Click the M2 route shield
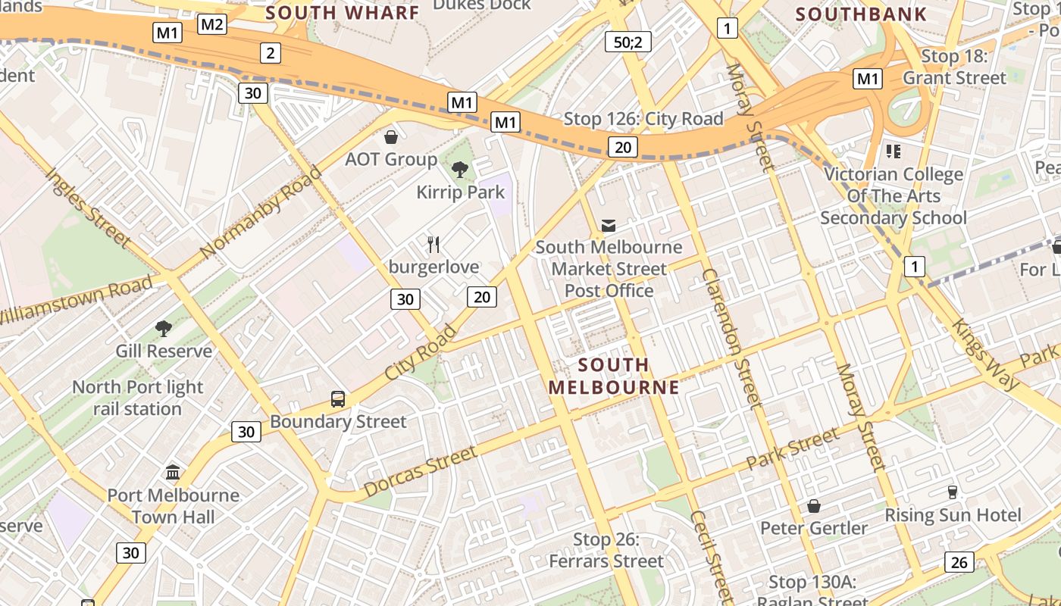click(212, 24)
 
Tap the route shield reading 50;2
click(628, 42)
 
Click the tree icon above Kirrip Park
click(459, 169)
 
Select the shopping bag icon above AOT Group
click(391, 137)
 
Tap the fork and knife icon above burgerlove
click(433, 244)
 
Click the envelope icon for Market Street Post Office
click(608, 225)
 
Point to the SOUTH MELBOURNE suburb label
click(614, 376)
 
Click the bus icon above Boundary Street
click(338, 398)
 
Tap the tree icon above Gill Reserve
click(163, 328)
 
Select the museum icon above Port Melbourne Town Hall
click(173, 473)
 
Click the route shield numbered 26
click(959, 561)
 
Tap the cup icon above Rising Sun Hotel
click(953, 492)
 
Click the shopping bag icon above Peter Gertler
click(814, 505)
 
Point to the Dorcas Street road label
click(421, 471)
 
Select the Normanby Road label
click(261, 211)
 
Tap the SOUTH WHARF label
click(342, 12)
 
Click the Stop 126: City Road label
click(643, 119)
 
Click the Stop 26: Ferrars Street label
click(606, 551)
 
